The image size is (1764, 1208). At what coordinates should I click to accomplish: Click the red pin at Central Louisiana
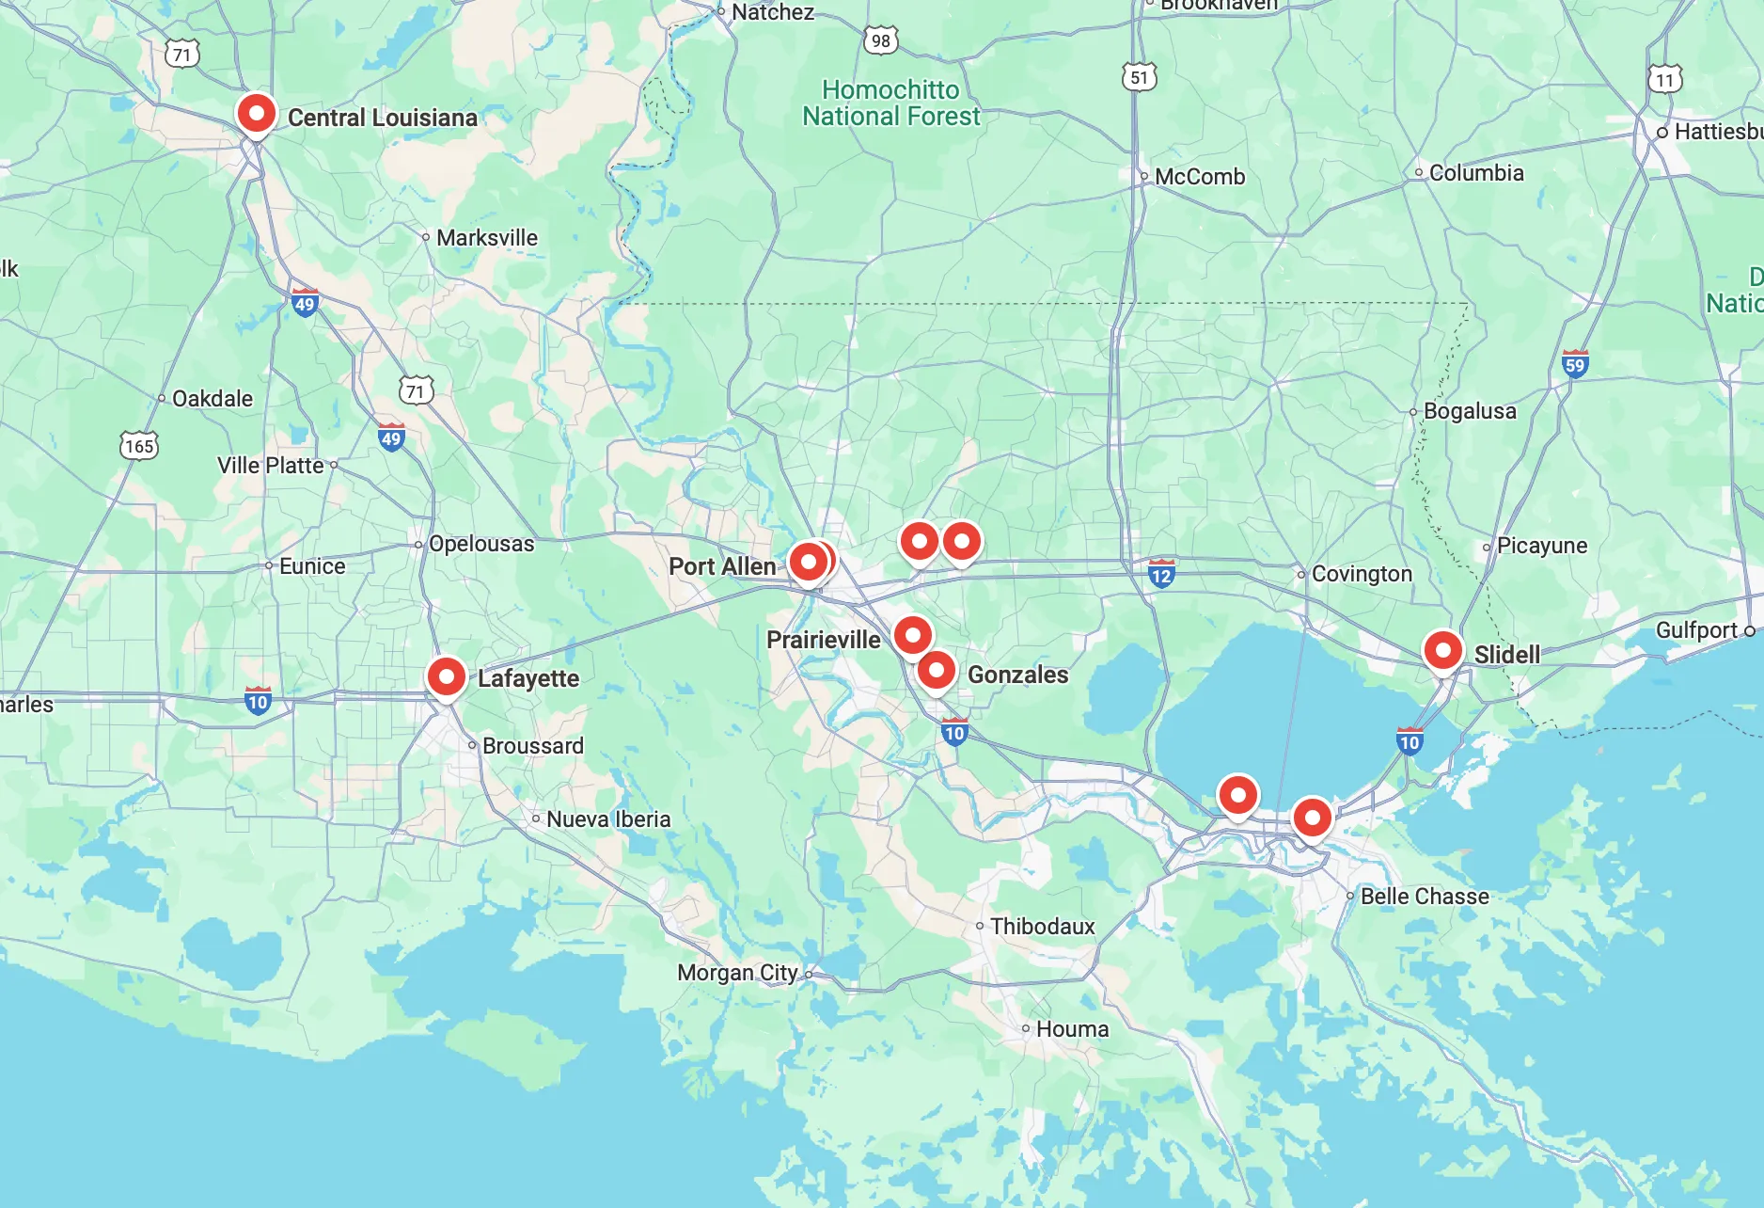pos(256,114)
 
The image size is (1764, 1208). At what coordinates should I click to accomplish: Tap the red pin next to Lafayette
pos(447,676)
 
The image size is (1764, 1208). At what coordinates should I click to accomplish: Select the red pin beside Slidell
pos(1442,650)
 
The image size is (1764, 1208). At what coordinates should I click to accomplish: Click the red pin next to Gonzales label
pos(936,671)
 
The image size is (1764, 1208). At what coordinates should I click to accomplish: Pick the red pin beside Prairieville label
pos(912,636)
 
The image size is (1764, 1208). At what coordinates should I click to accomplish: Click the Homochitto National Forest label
pos(890,103)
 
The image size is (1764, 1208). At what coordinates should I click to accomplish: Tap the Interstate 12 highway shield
pos(1161,574)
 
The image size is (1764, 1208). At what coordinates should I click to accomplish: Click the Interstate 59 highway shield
pos(1575,364)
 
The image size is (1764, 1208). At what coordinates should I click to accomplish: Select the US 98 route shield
pos(880,40)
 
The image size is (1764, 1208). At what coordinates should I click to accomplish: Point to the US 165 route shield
pos(139,445)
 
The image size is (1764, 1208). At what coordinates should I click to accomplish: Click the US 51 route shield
pos(1139,77)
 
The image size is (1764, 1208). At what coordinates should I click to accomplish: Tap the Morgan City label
pos(737,973)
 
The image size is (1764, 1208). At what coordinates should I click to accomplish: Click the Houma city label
pos(1072,1029)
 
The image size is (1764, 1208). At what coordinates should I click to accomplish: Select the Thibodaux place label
pos(1042,927)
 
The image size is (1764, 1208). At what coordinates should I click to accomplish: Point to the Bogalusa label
pos(1469,411)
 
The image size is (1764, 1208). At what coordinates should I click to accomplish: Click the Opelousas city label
pos(480,544)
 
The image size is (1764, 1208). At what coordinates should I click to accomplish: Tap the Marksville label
pos(486,238)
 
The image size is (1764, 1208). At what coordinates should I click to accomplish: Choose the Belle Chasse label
pos(1424,897)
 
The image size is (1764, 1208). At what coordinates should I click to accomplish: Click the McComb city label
pos(1199,177)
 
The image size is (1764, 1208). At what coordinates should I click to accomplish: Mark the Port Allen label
pos(722,566)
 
